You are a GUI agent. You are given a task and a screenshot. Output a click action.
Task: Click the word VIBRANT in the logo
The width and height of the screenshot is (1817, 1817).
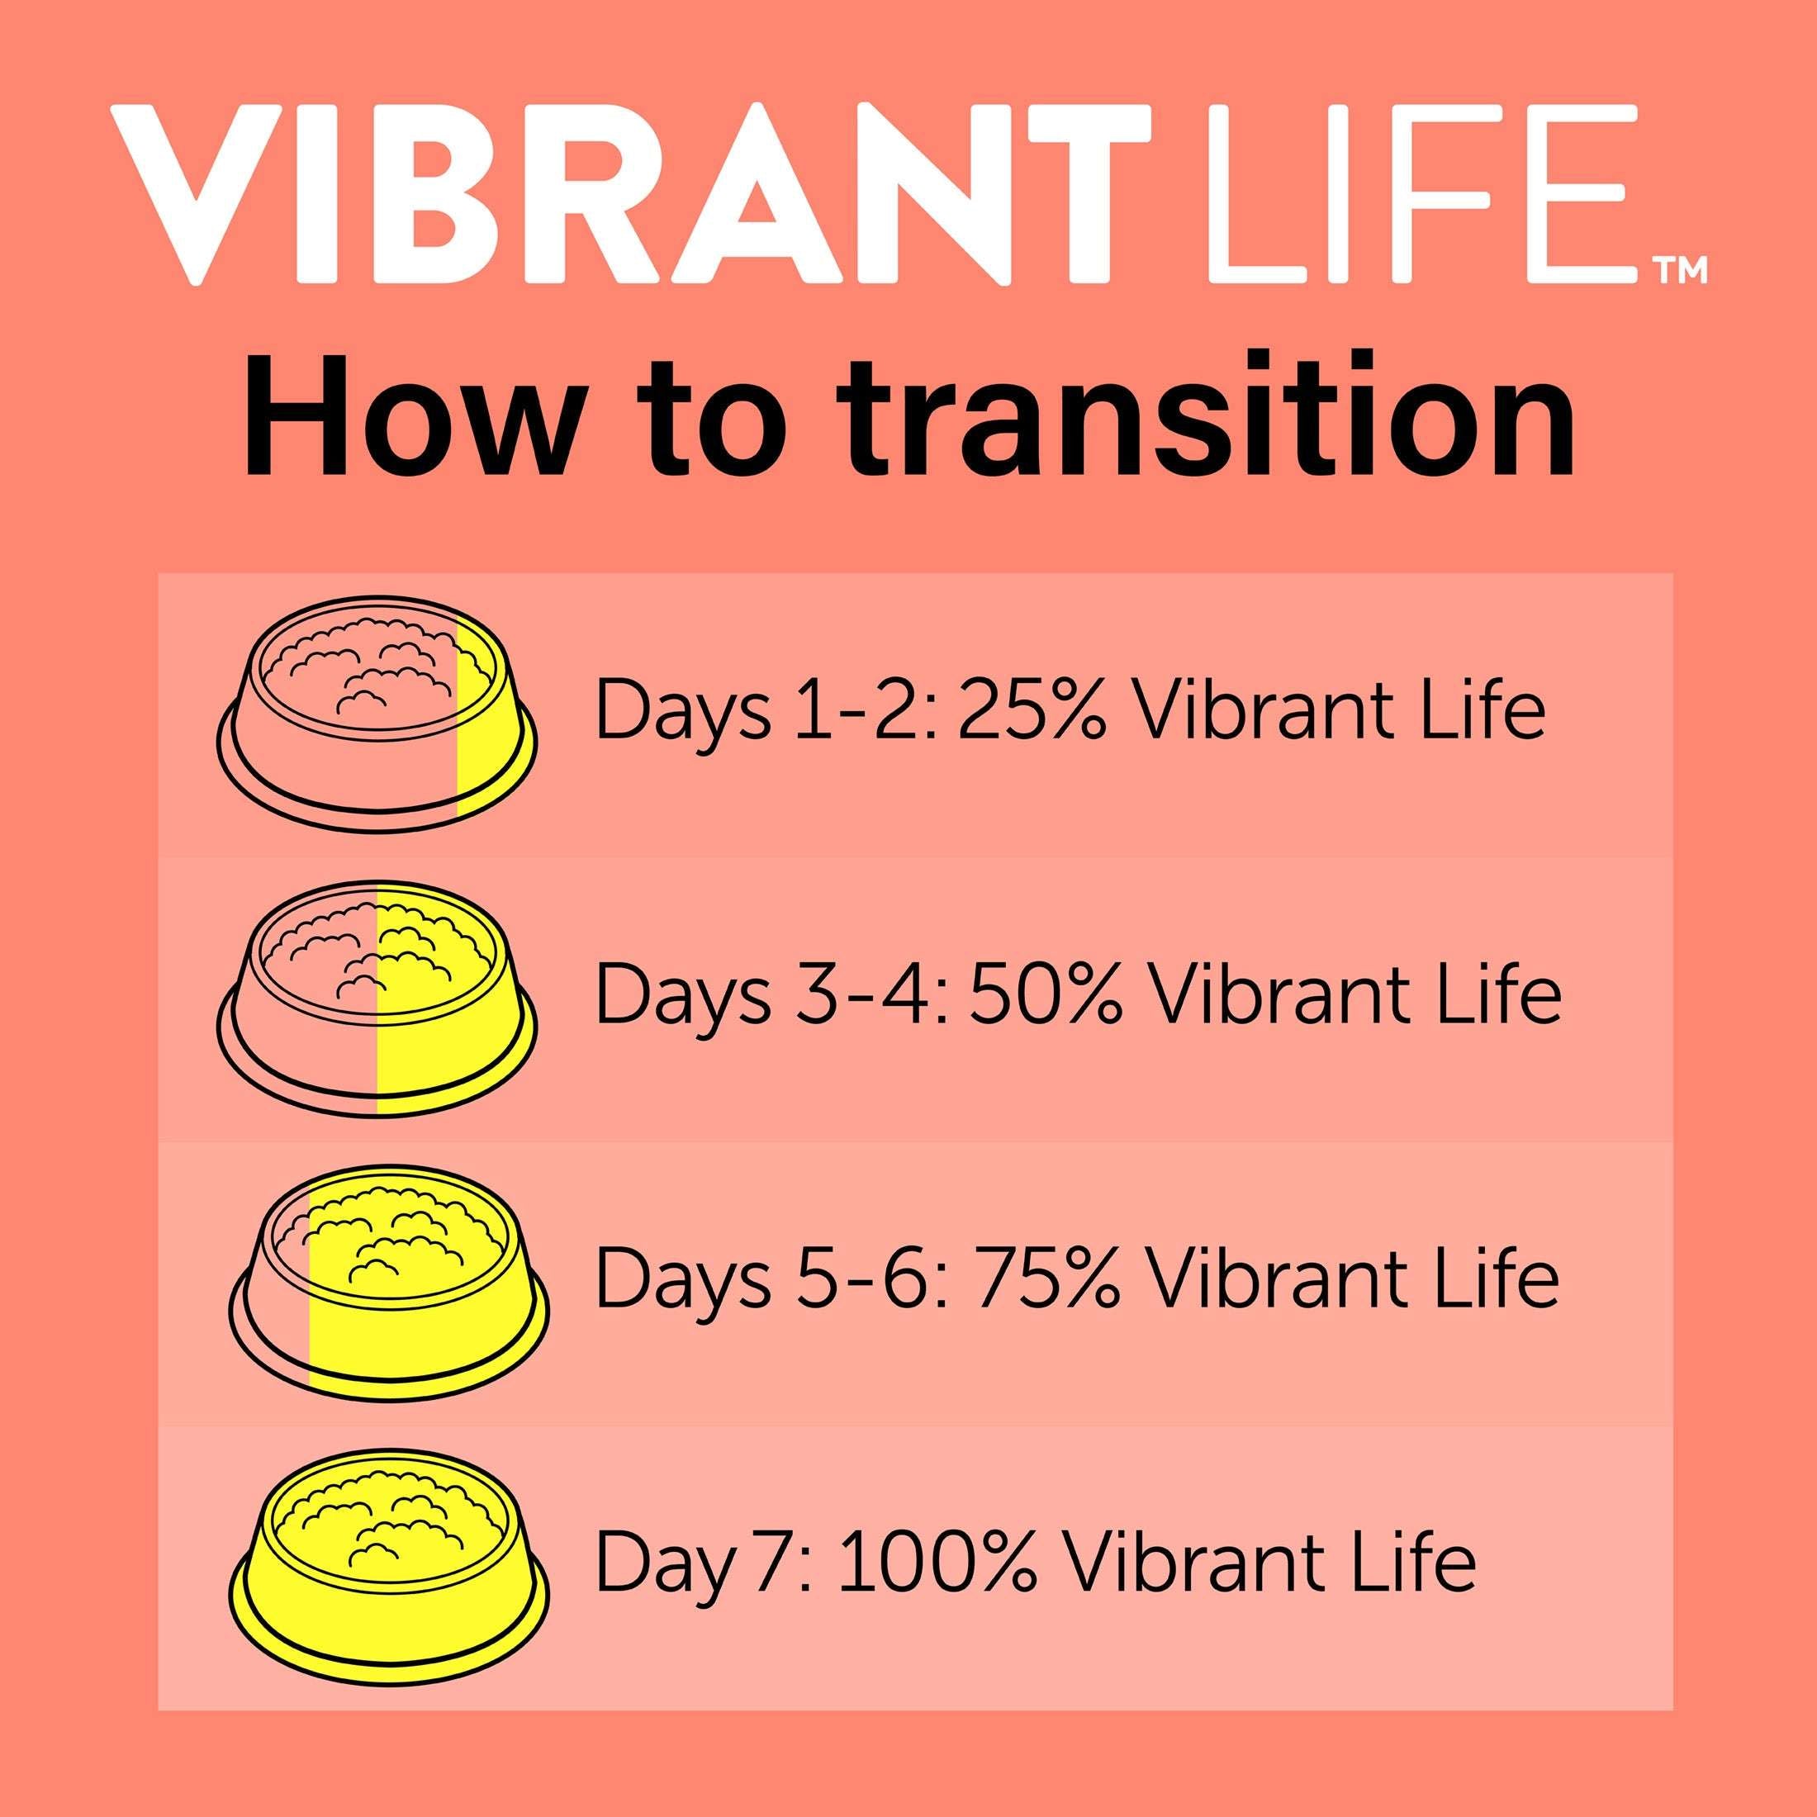click(630, 195)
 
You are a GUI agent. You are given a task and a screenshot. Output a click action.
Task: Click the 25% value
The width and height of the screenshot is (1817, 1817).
click(1031, 714)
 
